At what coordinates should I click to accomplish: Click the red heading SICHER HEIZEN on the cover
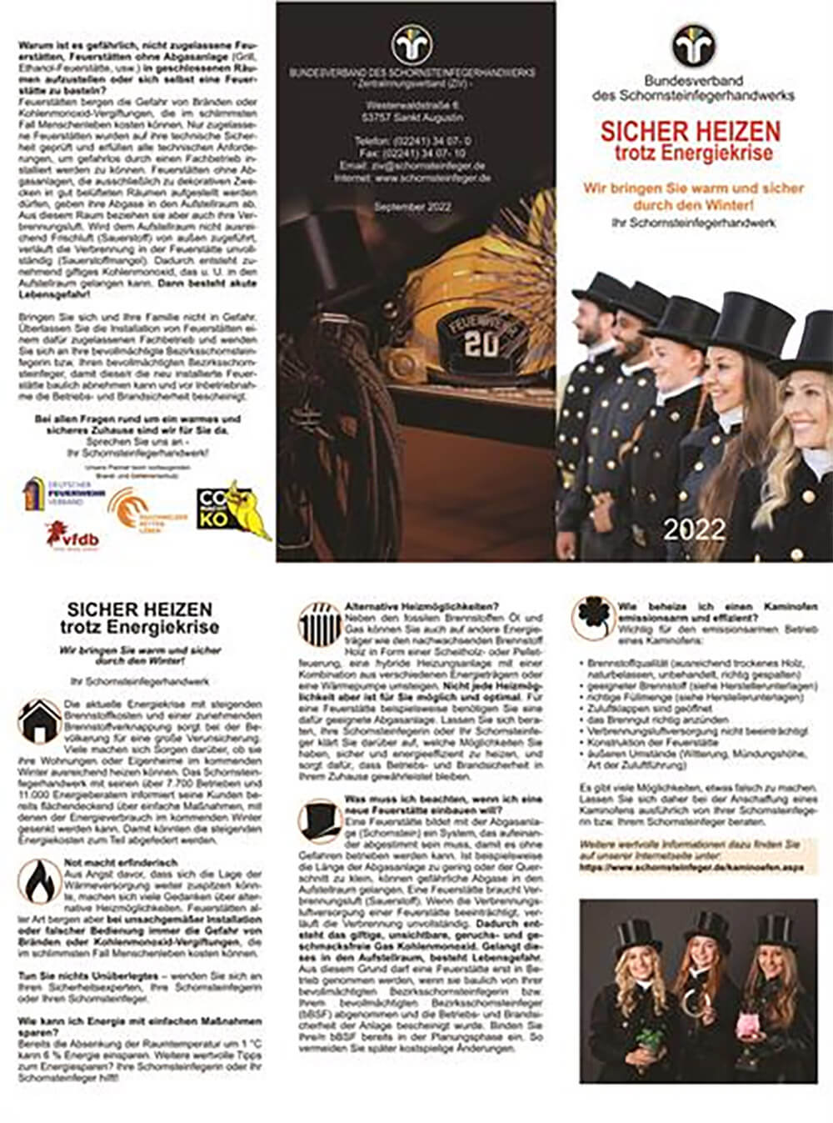(691, 131)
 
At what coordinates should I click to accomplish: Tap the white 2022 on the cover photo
(694, 529)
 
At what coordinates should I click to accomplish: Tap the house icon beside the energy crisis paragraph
(38, 721)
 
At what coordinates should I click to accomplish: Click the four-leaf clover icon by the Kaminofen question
(592, 619)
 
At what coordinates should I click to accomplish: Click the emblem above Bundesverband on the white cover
(693, 46)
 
